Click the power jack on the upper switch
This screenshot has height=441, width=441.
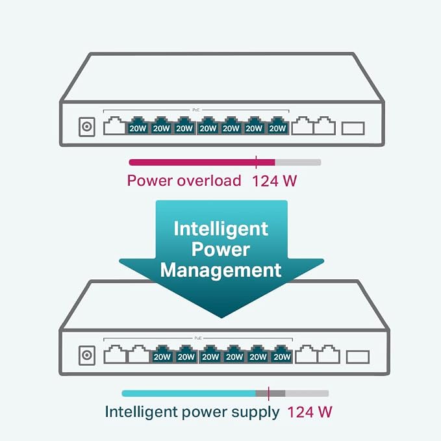pyautogui.click(x=87, y=127)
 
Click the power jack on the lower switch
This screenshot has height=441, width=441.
pyautogui.click(x=87, y=355)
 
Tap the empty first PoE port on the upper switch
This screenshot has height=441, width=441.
pyautogui.click(x=114, y=126)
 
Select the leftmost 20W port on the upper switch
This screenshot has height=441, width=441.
pyautogui.click(x=138, y=126)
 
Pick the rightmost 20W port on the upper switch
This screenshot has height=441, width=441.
pyautogui.click(x=277, y=126)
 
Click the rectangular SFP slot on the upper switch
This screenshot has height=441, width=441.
pyautogui.click(x=353, y=128)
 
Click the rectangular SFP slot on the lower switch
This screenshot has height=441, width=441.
pyautogui.click(x=357, y=357)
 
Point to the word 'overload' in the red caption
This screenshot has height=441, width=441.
pyautogui.click(x=209, y=181)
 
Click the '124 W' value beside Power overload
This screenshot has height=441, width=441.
pyautogui.click(x=274, y=181)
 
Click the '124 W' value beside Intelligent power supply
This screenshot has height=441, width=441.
pyautogui.click(x=310, y=412)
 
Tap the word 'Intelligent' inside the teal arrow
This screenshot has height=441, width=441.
pyautogui.click(x=221, y=229)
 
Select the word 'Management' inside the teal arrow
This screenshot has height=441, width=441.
pyautogui.click(x=221, y=270)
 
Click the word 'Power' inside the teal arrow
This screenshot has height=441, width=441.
pyautogui.click(x=221, y=249)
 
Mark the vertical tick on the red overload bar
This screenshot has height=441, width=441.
pyautogui.click(x=256, y=162)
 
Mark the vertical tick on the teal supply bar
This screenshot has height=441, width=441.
pyautogui.click(x=269, y=394)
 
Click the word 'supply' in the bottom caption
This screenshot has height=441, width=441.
pyautogui.click(x=255, y=413)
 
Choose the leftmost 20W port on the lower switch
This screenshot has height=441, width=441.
pyautogui.click(x=162, y=355)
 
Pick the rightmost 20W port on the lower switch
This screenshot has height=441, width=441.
pyautogui.click(x=282, y=355)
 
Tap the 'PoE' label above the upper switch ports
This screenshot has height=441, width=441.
pyautogui.click(x=196, y=110)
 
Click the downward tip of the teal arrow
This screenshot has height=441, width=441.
pyautogui.click(x=221, y=318)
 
